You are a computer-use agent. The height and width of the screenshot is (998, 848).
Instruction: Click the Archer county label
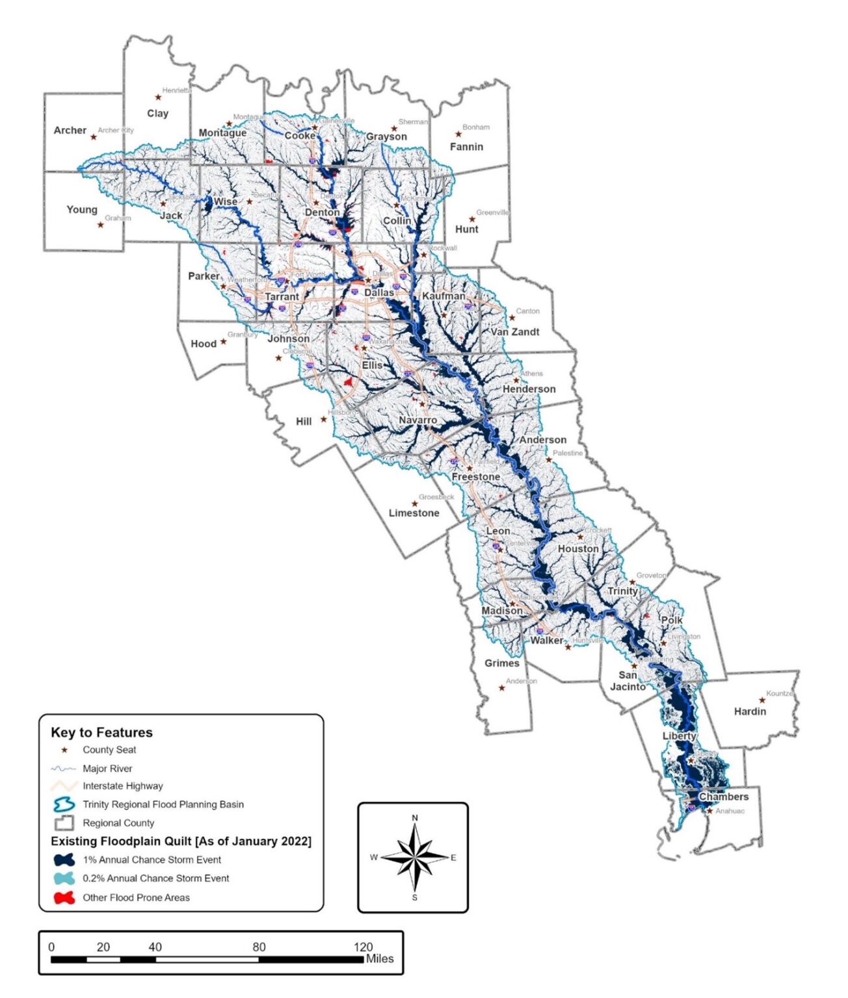[x=70, y=131]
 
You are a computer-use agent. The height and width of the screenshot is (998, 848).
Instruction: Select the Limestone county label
[x=414, y=513]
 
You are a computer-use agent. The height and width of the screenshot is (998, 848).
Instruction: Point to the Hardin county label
[x=750, y=711]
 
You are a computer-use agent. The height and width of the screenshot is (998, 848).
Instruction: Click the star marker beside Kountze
[x=762, y=700]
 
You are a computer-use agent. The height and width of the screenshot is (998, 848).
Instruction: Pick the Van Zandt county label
[x=515, y=332]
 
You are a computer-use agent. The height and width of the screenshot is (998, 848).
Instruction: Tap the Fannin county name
[x=466, y=147]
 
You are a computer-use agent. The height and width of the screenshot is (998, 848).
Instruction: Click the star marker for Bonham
[x=458, y=134]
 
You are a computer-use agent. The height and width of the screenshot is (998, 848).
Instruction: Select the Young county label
[x=82, y=210]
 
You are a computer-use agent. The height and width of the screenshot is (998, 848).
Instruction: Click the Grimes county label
[x=501, y=663]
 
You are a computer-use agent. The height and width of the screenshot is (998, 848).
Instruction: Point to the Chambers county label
[x=723, y=797]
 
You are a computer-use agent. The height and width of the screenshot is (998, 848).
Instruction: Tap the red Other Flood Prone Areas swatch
[x=64, y=898]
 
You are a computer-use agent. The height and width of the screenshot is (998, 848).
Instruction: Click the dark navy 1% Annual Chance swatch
[x=64, y=860]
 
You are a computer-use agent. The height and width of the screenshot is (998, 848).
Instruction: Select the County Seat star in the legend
[x=64, y=750]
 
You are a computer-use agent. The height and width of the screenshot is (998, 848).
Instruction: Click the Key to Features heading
[x=101, y=732]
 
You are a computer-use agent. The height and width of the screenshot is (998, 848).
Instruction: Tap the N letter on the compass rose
[x=415, y=818]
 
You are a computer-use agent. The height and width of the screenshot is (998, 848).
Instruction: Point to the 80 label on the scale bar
[x=259, y=947]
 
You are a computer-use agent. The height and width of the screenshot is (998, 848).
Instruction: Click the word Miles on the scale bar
[x=380, y=958]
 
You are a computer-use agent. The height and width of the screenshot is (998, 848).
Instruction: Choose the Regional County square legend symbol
[x=64, y=823]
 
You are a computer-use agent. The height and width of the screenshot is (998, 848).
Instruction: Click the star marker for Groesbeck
[x=414, y=504]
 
